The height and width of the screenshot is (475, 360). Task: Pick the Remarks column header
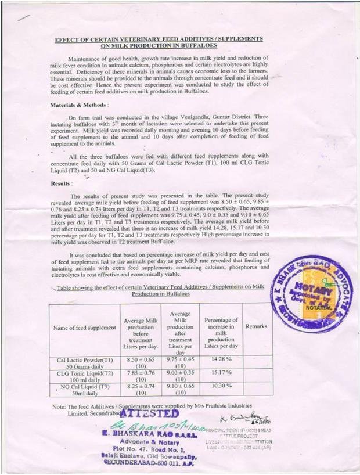point(256,327)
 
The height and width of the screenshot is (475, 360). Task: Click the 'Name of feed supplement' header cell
point(85,328)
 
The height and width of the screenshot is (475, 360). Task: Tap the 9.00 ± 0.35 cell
point(179,373)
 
